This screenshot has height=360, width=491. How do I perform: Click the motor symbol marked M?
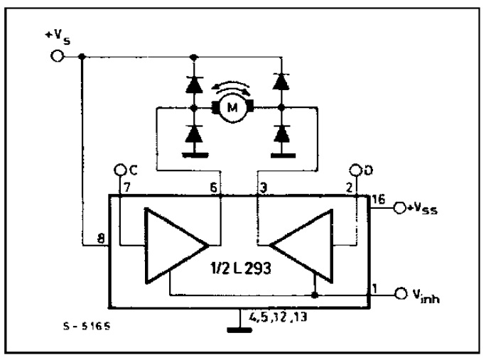pyautogui.click(x=230, y=108)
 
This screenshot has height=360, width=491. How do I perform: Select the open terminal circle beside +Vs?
pyautogui.click(x=58, y=56)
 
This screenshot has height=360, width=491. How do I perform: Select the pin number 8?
pyautogui.click(x=102, y=240)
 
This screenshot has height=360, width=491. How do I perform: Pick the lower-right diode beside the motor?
pyautogui.click(x=283, y=133)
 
